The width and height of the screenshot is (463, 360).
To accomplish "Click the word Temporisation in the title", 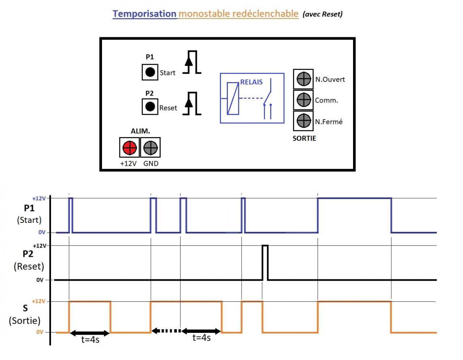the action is [x=144, y=14].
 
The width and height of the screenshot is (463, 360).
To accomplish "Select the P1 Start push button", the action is [x=150, y=72].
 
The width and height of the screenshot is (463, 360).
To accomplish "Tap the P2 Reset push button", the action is [x=150, y=106].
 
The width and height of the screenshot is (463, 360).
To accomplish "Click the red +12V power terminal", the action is [x=129, y=147].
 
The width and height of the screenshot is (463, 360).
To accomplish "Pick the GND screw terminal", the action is [x=150, y=147].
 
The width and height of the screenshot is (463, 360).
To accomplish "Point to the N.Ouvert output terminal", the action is [x=303, y=79].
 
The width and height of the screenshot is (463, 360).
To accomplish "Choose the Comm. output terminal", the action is [x=303, y=100].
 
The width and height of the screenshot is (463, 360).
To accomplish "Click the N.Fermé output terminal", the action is [x=303, y=120].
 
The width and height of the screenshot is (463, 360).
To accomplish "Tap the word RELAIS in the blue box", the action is [x=251, y=82].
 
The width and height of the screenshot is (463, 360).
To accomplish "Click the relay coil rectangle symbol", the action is [x=233, y=98].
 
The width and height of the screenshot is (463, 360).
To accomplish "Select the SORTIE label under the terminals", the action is [x=304, y=138].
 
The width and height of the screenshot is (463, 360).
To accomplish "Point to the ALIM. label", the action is [x=140, y=131].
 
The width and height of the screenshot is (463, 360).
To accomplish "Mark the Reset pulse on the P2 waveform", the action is [x=265, y=262].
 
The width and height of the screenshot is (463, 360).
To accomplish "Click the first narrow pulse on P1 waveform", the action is [x=71, y=215].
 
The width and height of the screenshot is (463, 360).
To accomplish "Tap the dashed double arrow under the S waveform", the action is [x=166, y=331].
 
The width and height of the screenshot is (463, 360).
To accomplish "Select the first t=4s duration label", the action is [x=90, y=339].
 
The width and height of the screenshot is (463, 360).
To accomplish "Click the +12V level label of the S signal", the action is [x=39, y=301].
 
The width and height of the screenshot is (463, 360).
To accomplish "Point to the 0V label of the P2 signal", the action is [x=40, y=280].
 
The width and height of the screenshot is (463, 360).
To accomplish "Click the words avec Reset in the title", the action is [x=322, y=14].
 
